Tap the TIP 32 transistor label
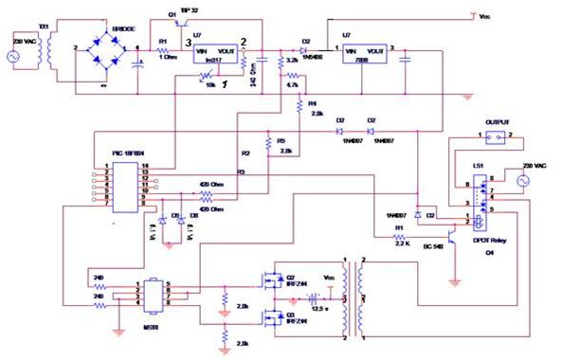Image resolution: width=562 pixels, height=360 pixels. pos(189,9)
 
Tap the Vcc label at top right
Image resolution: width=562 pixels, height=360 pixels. pos(483,17)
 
